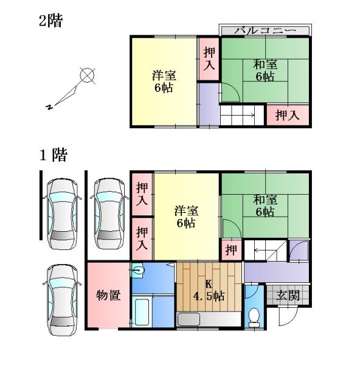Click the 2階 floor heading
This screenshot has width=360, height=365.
coord(50,21)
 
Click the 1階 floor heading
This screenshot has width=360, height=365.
coord(54,155)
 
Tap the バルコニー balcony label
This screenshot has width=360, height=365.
coord(265,31)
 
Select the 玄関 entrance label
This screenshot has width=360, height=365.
coord(288,295)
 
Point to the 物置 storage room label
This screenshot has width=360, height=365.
coord(108,295)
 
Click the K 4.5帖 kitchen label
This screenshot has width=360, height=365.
coord(209,291)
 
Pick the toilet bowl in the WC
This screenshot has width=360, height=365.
coord(254,317)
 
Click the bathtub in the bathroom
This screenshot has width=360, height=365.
coord(142,312)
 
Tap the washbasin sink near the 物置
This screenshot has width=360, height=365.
coord(138,271)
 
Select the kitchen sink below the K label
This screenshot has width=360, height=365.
coord(189,319)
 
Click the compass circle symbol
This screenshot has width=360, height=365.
coord(87,75)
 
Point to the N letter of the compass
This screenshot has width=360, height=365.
coord(49,107)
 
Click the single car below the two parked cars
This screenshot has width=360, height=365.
coord(62,301)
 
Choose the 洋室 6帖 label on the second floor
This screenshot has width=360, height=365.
coord(164,82)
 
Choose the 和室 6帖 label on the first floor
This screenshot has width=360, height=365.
coord(265,206)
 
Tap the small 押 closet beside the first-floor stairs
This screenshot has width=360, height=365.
coord(231,250)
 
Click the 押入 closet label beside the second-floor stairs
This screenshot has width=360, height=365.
coord(287,116)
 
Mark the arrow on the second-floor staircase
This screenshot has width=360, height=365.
coord(237,114)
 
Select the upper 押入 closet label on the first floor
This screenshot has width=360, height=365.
coord(142,194)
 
